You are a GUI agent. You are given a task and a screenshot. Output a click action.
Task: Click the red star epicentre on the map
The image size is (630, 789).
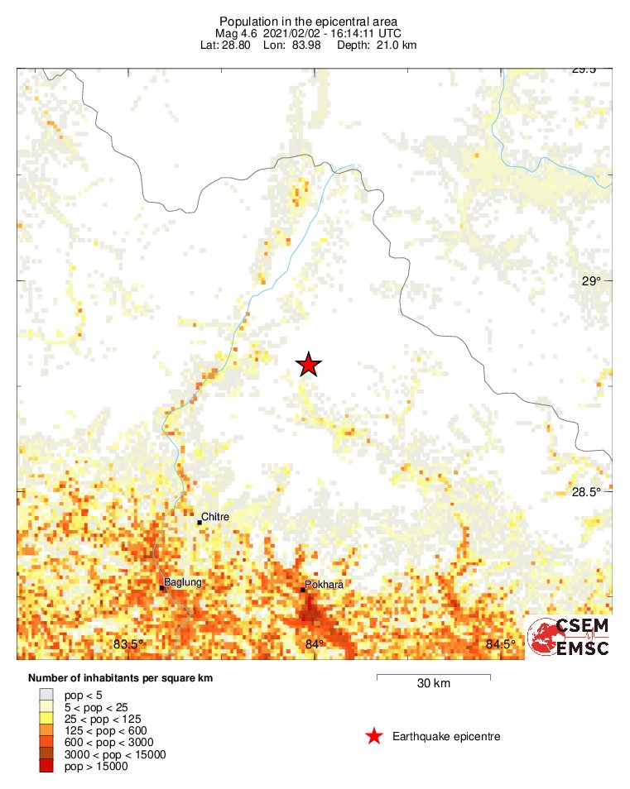click(309, 364)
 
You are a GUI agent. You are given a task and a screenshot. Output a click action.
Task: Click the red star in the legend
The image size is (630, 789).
click(374, 736)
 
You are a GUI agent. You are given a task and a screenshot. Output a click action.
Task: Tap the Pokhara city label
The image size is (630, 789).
click(324, 585)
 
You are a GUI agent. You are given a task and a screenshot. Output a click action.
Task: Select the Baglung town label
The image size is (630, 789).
click(183, 582)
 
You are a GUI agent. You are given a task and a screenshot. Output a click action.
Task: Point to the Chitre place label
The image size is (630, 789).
click(215, 517)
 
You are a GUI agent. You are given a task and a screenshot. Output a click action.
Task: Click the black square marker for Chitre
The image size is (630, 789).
click(200, 522)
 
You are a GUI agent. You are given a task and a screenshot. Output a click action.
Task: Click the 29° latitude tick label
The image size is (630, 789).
click(591, 281)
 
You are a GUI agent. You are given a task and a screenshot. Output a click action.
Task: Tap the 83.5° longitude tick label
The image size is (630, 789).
click(129, 644)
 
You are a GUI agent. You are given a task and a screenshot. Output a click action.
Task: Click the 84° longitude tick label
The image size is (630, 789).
click(315, 644)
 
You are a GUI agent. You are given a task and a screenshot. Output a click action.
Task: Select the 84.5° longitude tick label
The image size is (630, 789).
click(501, 644)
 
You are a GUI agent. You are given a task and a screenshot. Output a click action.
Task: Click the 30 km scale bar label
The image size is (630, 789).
click(434, 684)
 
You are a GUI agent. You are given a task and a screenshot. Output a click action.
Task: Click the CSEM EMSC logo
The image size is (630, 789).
click(569, 637)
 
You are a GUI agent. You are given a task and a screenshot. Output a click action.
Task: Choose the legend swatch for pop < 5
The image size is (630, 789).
click(46, 696)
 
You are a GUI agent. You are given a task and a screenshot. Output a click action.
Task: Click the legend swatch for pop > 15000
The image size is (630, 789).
click(46, 767)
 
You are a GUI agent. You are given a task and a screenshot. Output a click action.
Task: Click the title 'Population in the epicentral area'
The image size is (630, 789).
click(308, 20)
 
